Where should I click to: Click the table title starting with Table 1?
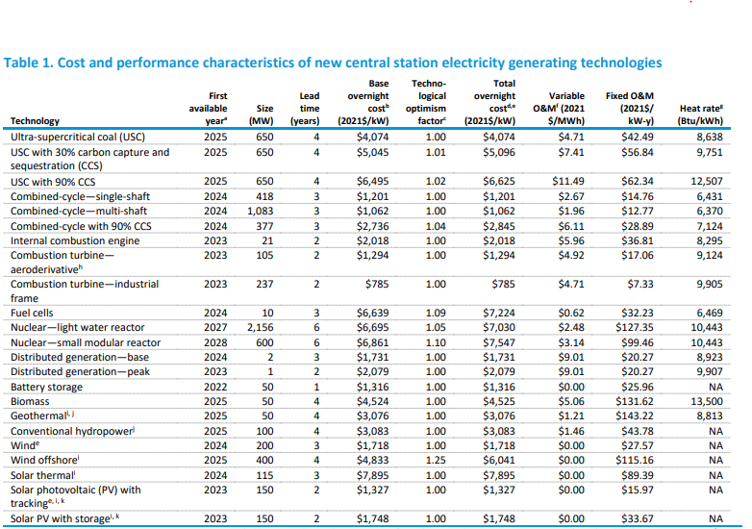333,63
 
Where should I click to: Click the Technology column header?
35,121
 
